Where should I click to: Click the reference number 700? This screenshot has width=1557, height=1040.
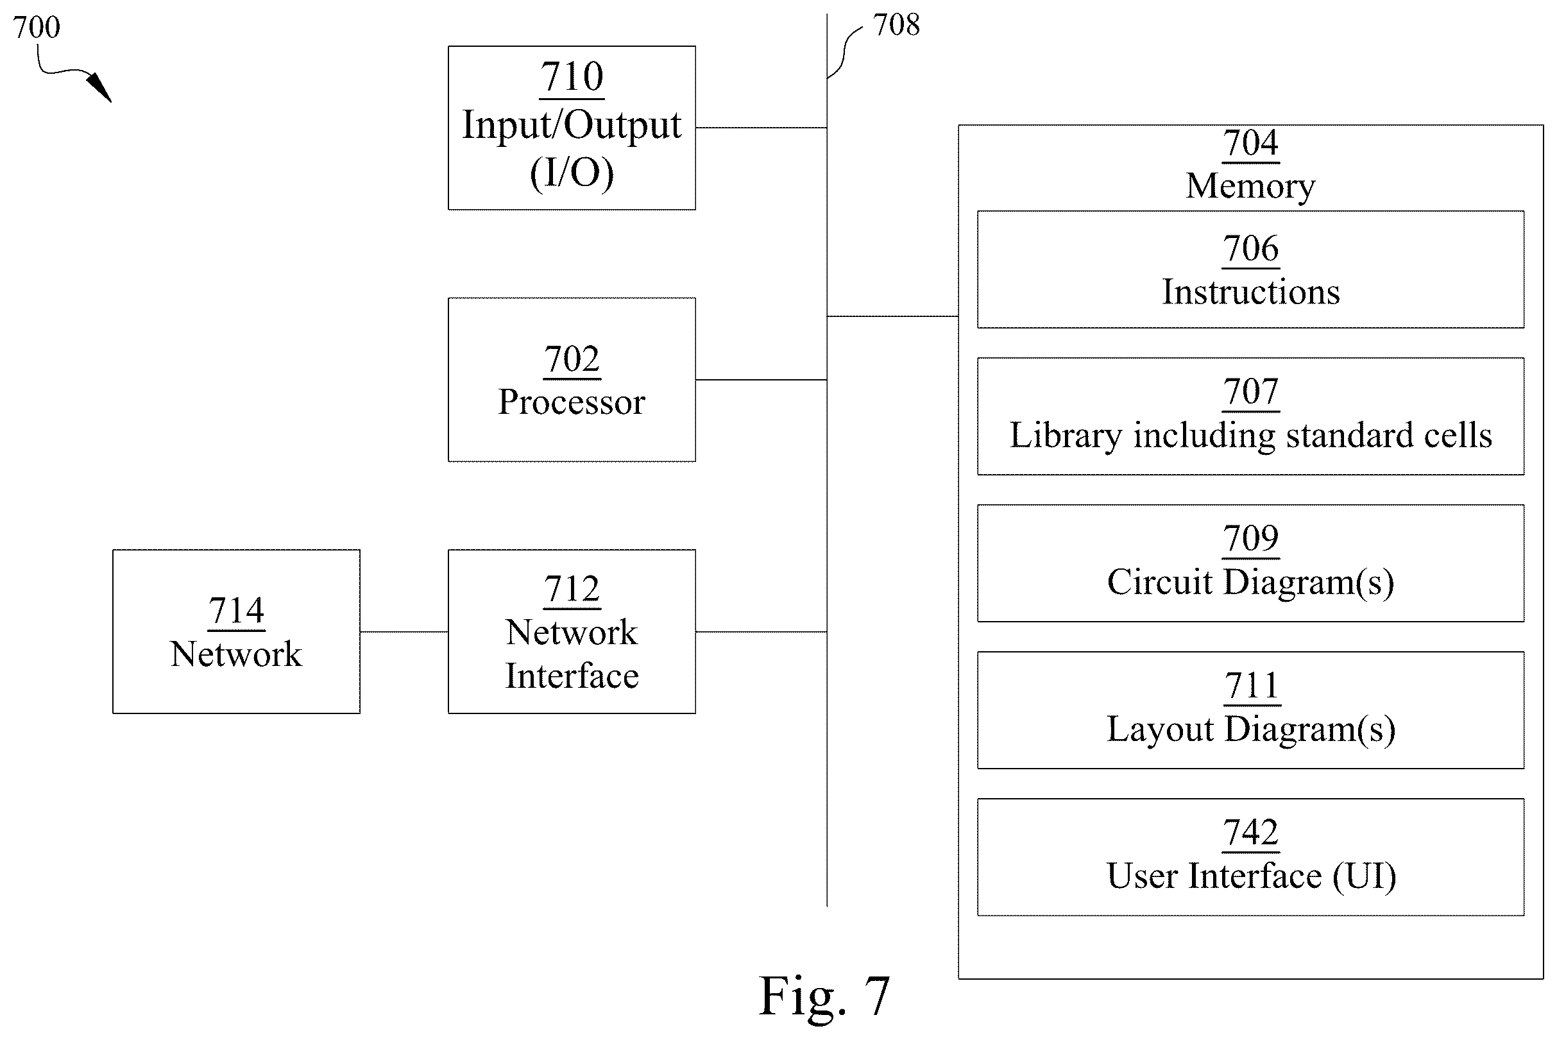37,27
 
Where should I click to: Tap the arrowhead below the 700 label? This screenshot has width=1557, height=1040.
99,87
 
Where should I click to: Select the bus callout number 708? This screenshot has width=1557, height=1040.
896,25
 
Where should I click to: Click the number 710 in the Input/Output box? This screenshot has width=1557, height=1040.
572,76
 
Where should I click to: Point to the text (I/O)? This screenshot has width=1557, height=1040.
572,173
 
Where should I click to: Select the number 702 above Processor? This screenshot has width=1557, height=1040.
572,359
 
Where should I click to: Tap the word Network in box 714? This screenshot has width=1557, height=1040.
236,654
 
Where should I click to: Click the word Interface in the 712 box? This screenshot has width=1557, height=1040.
572,676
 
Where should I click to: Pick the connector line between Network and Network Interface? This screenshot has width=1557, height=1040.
404,632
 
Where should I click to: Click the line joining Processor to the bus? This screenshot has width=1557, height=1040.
761,380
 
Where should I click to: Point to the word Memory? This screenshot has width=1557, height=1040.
1250,186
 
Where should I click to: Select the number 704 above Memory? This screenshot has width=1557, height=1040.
1250,142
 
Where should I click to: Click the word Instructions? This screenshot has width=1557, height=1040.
1250,292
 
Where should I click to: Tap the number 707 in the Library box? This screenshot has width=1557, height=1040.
1250,391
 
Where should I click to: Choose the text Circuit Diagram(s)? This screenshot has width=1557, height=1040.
1250,583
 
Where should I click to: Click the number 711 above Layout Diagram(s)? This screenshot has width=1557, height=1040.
1251,685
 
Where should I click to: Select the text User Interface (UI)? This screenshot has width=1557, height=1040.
1251,876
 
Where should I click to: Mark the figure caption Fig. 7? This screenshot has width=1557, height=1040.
824,996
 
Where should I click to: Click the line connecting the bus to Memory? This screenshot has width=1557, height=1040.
892,316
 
